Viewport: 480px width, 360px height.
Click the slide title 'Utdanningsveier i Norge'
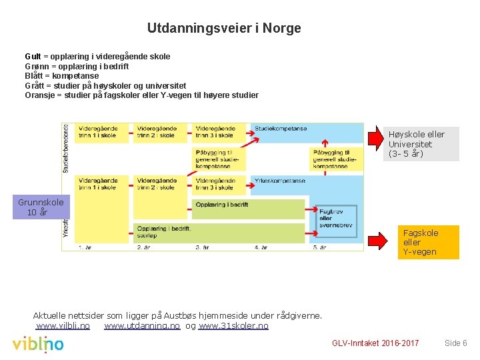click(x=224, y=28)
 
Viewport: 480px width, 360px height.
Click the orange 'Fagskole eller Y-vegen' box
click(x=429, y=242)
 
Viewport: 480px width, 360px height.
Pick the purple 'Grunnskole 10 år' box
click(x=41, y=207)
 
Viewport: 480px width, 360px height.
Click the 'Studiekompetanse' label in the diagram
click(x=281, y=128)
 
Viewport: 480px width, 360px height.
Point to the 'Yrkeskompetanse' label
click(x=280, y=181)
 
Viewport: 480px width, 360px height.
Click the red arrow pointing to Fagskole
click(x=381, y=238)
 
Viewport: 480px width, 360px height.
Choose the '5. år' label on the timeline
click(x=319, y=247)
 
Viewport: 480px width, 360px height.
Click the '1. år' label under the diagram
click(x=85, y=247)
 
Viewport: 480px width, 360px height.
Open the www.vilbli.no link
click(x=63, y=326)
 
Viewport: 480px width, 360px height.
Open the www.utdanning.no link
click(x=142, y=326)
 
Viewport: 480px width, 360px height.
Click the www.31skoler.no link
click(x=233, y=326)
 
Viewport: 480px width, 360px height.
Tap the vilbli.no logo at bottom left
click(x=38, y=344)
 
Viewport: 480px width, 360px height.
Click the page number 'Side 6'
click(x=456, y=343)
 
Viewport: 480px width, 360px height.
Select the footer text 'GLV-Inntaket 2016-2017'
click(x=375, y=343)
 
